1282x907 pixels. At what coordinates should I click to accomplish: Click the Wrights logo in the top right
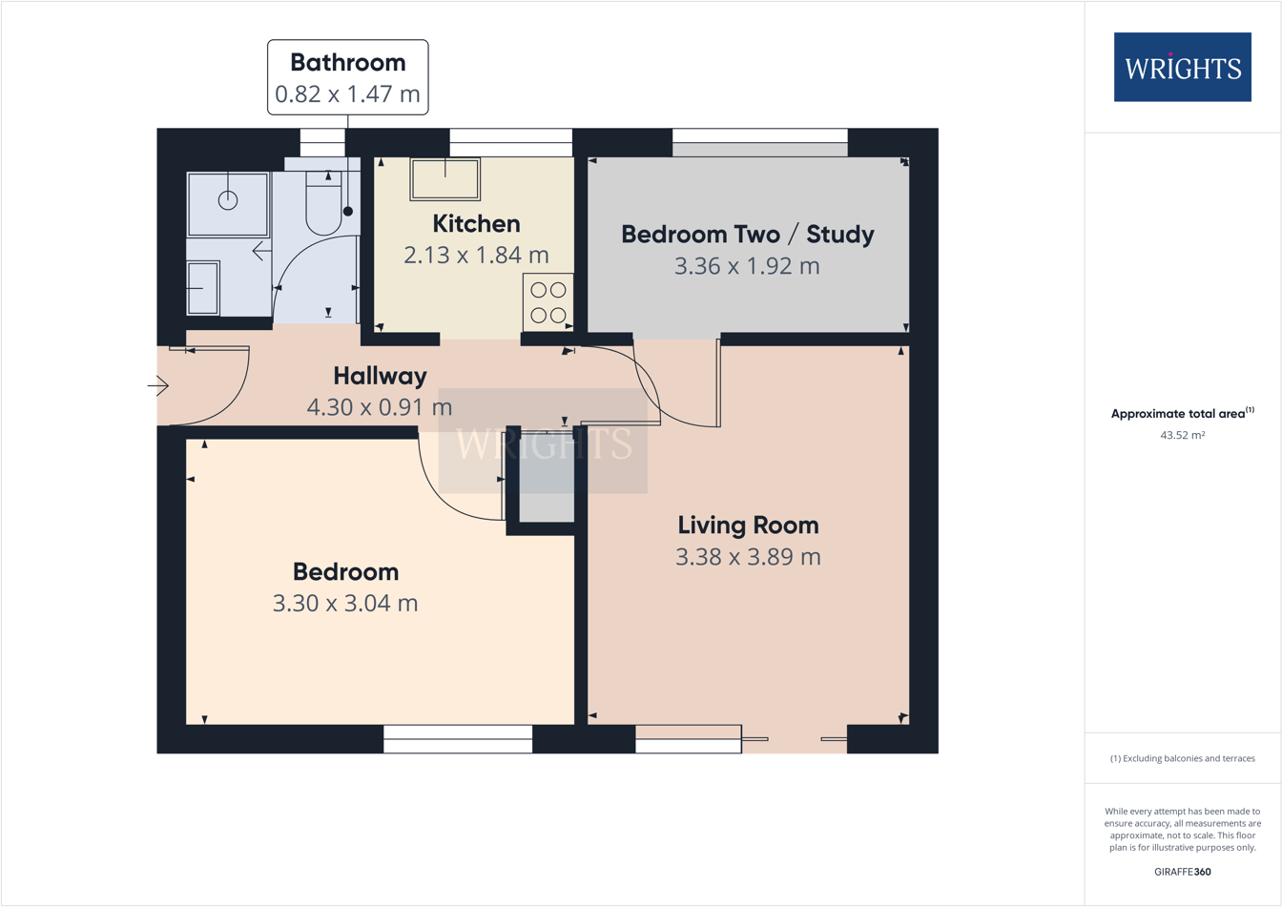[x=1182, y=68]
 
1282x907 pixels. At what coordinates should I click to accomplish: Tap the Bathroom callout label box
[x=347, y=77]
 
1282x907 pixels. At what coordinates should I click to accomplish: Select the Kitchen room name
[x=476, y=224]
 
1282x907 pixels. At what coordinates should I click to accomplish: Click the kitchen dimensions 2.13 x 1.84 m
[x=476, y=256]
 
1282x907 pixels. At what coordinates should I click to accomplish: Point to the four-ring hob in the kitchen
[x=548, y=301]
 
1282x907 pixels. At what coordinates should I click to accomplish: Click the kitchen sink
[x=445, y=179]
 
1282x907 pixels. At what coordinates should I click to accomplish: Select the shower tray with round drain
[x=228, y=203]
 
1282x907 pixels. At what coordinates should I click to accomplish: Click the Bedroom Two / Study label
[x=747, y=235]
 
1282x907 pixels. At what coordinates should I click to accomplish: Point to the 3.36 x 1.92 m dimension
[x=747, y=266]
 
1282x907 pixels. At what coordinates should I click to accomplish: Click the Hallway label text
[x=380, y=376]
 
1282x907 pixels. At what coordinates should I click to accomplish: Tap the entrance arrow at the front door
[x=158, y=386]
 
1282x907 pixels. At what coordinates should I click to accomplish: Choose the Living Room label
[x=748, y=526]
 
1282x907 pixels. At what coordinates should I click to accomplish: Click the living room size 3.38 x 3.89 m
[x=748, y=557]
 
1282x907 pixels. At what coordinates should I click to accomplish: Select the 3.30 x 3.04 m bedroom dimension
[x=345, y=604]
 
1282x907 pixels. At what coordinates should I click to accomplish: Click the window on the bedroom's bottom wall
[x=458, y=739]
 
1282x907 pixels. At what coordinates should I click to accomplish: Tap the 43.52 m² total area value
[x=1182, y=435]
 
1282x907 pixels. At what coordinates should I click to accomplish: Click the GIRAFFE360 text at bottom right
[x=1182, y=872]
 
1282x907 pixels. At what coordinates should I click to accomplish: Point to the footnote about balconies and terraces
[x=1182, y=759]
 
